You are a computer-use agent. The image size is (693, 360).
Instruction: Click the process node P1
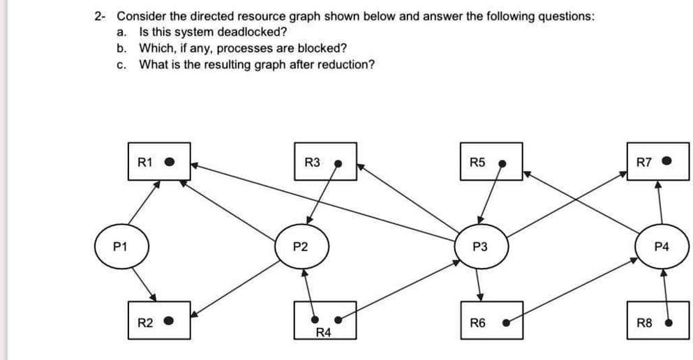pyautogui.click(x=121, y=246)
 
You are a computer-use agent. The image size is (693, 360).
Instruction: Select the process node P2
pyautogui.click(x=300, y=246)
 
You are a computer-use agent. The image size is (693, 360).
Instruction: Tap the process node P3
pyautogui.click(x=480, y=246)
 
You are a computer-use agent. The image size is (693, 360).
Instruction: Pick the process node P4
pyautogui.click(x=661, y=246)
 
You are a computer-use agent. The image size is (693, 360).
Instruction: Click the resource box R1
pyautogui.click(x=158, y=162)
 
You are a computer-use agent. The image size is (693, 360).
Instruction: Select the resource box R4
pyautogui.click(x=325, y=321)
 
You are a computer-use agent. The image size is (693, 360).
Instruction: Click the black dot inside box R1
pyautogui.click(x=169, y=162)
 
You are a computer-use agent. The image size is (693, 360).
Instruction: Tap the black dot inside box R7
pyautogui.click(x=667, y=162)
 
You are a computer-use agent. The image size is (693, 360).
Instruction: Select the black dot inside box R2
pyautogui.click(x=168, y=322)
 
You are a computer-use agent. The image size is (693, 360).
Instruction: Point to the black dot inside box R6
pyautogui.click(x=508, y=323)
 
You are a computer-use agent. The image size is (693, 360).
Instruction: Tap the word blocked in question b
pyautogui.click(x=326, y=48)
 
